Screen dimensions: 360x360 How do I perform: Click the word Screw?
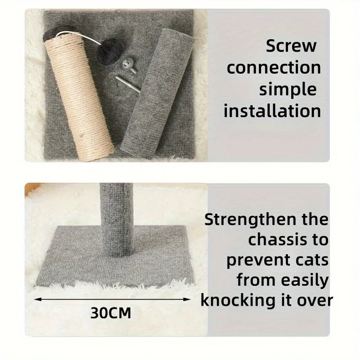(291, 46)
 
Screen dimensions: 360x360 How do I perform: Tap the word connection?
(274, 67)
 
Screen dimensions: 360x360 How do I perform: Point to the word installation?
(272, 111)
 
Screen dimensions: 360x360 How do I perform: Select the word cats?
(312, 261)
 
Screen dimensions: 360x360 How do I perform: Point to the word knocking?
(238, 301)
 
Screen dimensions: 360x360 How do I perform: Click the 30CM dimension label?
(111, 313)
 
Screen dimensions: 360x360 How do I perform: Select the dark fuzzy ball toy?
(108, 51)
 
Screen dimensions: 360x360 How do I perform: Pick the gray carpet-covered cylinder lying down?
(157, 94)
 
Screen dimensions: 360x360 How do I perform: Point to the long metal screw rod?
(128, 85)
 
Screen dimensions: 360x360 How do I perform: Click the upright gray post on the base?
(117, 219)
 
